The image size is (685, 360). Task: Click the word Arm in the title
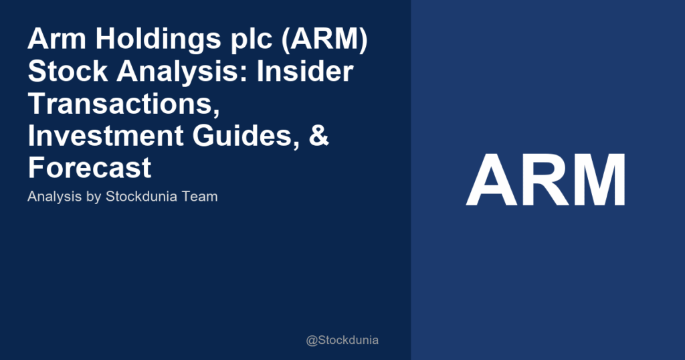click(54, 40)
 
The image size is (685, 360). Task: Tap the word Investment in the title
click(107, 136)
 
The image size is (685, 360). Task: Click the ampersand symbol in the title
click(321, 136)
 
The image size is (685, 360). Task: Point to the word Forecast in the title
click(90, 167)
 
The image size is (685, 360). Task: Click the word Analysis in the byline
click(52, 197)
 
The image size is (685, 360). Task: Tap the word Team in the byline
click(201, 197)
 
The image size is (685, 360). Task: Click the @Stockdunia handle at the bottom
click(342, 340)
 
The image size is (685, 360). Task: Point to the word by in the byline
click(91, 198)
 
